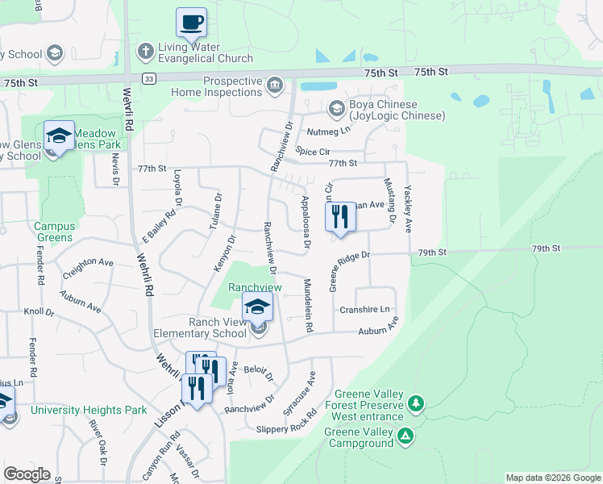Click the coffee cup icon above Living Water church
pyautogui.click(x=191, y=23)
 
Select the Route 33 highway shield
pyautogui.click(x=148, y=78)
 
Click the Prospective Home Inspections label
pyautogui.click(x=217, y=87)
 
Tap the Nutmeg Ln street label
pyautogui.click(x=328, y=131)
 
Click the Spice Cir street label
pyautogui.click(x=314, y=151)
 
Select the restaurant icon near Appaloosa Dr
pyautogui.click(x=340, y=216)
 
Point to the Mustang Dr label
pyautogui.click(x=391, y=201)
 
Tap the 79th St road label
pyautogui.click(x=433, y=253)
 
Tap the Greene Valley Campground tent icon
pyautogui.click(x=406, y=436)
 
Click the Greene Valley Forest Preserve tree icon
pyautogui.click(x=416, y=402)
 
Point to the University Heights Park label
pyautogui.click(x=89, y=410)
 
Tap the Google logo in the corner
pyautogui.click(x=27, y=474)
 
